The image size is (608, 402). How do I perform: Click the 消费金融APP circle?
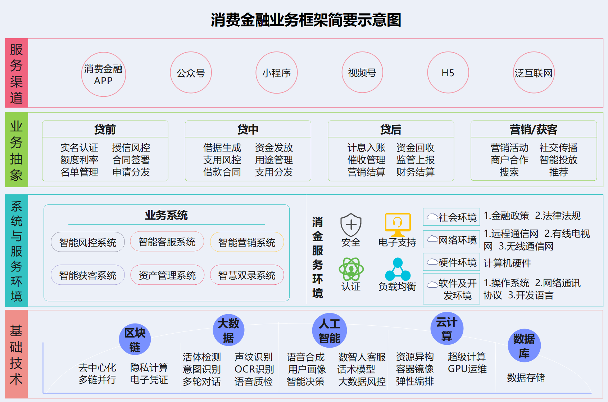click(104, 74)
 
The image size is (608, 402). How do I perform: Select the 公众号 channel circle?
click(191, 73)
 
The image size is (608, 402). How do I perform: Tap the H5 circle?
click(448, 73)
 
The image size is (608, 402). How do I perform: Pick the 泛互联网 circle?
click(534, 73)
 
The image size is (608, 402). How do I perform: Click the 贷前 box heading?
click(105, 129)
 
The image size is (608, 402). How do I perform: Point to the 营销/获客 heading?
click(534, 129)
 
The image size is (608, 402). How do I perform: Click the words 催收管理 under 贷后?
click(366, 160)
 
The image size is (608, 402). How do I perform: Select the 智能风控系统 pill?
click(88, 242)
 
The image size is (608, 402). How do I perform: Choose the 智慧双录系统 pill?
click(247, 275)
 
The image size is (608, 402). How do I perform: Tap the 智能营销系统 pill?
click(247, 242)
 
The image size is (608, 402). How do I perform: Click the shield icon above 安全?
click(351, 225)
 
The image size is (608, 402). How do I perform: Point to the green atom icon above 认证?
click(351, 269)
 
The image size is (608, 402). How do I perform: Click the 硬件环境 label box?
click(452, 262)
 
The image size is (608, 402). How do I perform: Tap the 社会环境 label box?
click(452, 217)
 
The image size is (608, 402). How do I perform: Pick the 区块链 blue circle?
click(135, 339)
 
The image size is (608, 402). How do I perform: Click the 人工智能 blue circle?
click(330, 331)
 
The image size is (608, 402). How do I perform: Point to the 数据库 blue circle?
click(524, 345)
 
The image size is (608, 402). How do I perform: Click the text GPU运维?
click(467, 369)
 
